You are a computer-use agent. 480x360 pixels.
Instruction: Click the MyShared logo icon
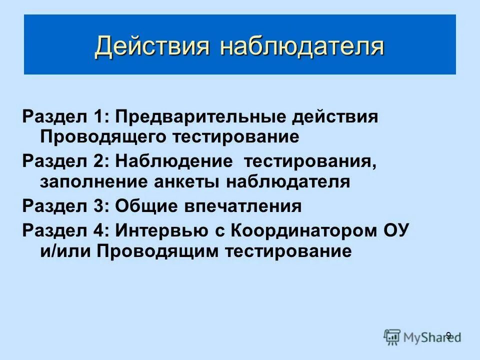point(392,336)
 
